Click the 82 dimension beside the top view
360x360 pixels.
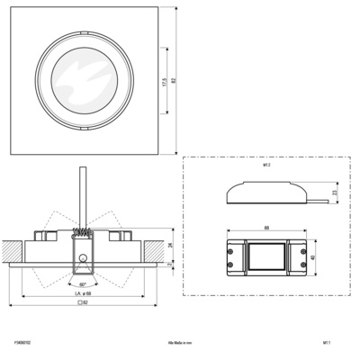pyautogui.click(x=173, y=79)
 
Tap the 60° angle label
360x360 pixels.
pyautogui.click(x=84, y=285)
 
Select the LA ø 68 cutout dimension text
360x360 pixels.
pyautogui.click(x=84, y=294)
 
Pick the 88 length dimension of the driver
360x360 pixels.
pyautogui.click(x=265, y=227)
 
